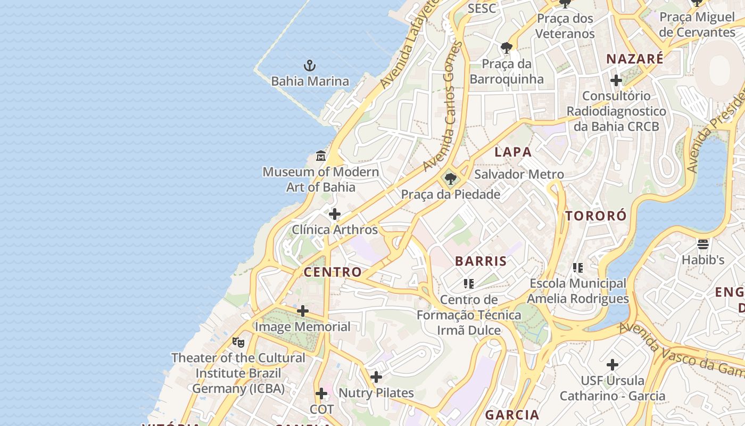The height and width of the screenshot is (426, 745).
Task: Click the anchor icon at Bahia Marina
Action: point(310,66)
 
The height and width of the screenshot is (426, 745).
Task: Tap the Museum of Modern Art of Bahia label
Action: point(321,179)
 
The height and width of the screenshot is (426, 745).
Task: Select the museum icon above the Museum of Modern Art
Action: point(321,156)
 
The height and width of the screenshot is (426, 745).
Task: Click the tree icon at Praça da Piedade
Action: point(451,179)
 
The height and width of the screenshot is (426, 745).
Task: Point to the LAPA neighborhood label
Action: point(513,152)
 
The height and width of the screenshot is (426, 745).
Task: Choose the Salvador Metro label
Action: point(519,174)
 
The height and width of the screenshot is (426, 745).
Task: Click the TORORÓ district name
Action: point(596,216)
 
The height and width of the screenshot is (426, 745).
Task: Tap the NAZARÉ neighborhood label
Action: point(635,59)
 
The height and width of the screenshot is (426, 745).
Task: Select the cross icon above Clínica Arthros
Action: point(335,214)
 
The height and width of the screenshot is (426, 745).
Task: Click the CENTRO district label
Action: point(333,272)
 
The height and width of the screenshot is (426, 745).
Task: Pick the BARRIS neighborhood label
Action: point(481,261)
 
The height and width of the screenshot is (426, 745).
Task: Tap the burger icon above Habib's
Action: point(703,244)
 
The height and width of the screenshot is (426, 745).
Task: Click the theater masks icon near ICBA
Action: point(238,342)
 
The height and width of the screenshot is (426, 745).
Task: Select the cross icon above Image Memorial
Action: point(303,310)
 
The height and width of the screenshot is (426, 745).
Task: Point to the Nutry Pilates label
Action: point(376,393)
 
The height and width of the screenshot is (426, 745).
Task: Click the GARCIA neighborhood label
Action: point(512,414)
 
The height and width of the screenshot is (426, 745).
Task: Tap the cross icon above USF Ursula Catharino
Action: point(612,365)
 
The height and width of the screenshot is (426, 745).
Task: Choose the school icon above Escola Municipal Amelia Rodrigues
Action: point(578,267)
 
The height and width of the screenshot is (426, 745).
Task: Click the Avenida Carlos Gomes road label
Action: point(445,106)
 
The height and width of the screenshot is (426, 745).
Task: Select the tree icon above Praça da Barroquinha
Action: point(507,48)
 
